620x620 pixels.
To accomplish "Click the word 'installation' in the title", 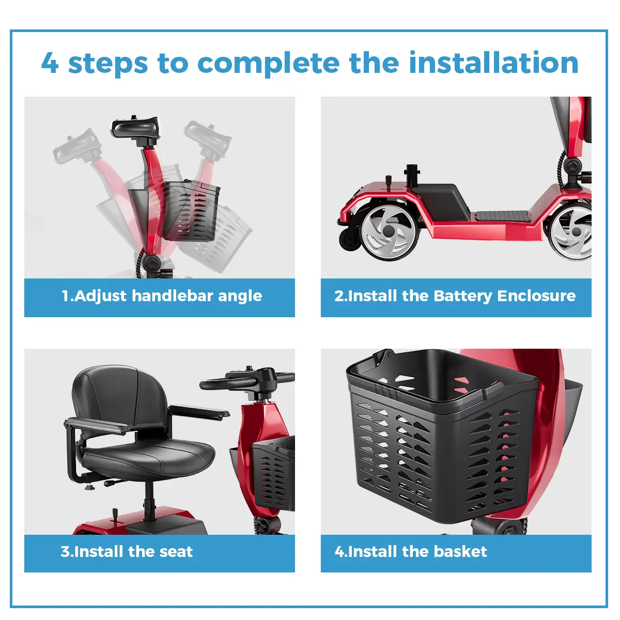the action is coord(493,63).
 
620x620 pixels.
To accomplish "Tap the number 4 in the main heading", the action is coord(50,63).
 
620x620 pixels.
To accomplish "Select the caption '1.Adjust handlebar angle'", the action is coord(162,296).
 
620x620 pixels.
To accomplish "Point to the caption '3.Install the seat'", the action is coord(127,551).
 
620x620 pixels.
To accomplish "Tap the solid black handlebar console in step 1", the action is coord(135,128).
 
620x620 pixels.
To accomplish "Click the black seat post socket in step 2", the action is coord(411,176).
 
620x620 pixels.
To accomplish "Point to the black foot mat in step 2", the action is coord(501,215).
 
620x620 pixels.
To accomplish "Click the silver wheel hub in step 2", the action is coord(389,230).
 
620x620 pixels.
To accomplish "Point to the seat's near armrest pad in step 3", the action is coord(97,425).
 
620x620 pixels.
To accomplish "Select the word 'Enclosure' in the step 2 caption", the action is coord(536,296).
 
